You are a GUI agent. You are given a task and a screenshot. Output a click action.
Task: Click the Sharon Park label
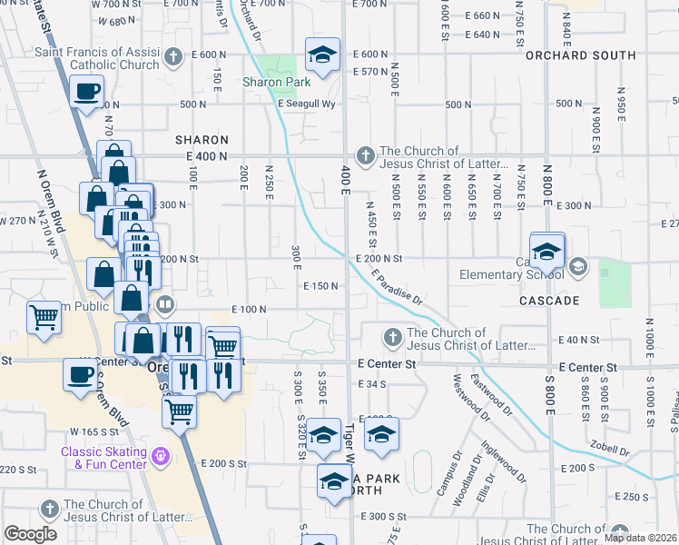coord(270,82)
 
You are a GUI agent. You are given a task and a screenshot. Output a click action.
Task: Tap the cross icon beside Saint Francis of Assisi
coord(174,60)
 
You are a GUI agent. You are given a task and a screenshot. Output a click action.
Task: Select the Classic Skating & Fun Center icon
coord(162,453)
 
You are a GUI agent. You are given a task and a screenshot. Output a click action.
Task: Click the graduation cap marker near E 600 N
coord(322,56)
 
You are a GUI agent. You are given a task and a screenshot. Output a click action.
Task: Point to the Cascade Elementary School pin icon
coord(578,267)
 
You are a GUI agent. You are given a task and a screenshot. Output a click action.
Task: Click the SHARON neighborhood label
coord(201,140)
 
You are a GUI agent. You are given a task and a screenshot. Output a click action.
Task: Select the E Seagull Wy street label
coord(307,104)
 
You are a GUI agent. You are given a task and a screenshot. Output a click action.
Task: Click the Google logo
coord(31,534)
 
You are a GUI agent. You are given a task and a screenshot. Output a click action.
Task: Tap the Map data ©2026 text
coord(640,538)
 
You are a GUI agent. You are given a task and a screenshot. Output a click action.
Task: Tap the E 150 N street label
coord(320,287)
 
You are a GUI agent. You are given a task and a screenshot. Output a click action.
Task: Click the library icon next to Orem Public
coord(164,304)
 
